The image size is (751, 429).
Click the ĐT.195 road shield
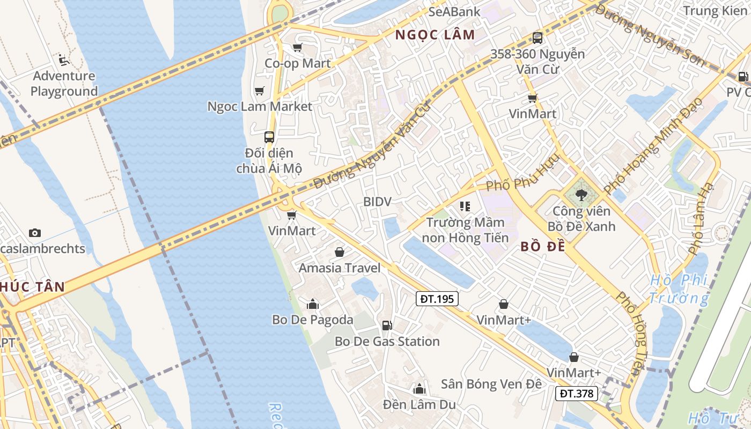(437, 299)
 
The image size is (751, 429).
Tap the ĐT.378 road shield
(577, 394)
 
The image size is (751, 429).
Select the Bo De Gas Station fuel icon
(386, 325)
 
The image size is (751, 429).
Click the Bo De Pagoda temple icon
(313, 305)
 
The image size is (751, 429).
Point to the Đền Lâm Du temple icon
(419, 389)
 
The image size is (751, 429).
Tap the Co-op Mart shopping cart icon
(298, 48)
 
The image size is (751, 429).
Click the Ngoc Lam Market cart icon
(260, 91)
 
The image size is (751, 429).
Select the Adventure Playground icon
(64, 60)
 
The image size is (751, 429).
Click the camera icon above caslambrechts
(35, 233)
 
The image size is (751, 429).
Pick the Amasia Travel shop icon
(340, 252)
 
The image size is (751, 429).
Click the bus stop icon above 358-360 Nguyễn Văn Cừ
(538, 38)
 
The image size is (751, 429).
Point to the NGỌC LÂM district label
(435, 35)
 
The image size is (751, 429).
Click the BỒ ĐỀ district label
(543, 247)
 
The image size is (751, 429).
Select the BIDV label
(377, 202)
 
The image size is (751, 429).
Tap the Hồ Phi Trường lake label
(679, 289)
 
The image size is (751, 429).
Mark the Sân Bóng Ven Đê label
(491, 384)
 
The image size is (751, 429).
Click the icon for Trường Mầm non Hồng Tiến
(465, 206)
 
